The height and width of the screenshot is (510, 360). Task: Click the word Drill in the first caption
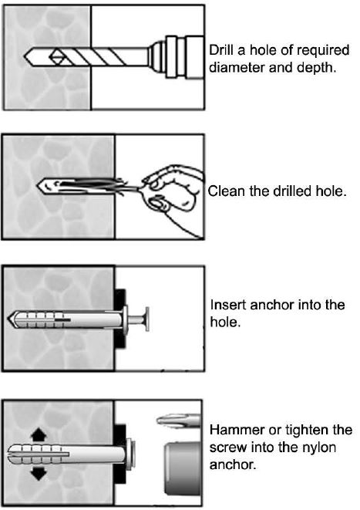pyautogui.click(x=221, y=50)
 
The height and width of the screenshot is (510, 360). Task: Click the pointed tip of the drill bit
pyautogui.click(x=25, y=56)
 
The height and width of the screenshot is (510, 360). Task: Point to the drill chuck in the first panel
pyautogui.click(x=176, y=56)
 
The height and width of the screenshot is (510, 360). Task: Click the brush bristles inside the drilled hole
pyautogui.click(x=88, y=186)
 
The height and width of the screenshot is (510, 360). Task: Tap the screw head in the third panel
pyautogui.click(x=147, y=319)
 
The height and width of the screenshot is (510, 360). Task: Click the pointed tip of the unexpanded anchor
pyautogui.click(x=8, y=319)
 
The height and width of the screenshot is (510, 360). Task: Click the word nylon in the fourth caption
pyautogui.click(x=319, y=448)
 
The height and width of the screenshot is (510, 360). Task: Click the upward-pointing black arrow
pyautogui.click(x=39, y=434)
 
